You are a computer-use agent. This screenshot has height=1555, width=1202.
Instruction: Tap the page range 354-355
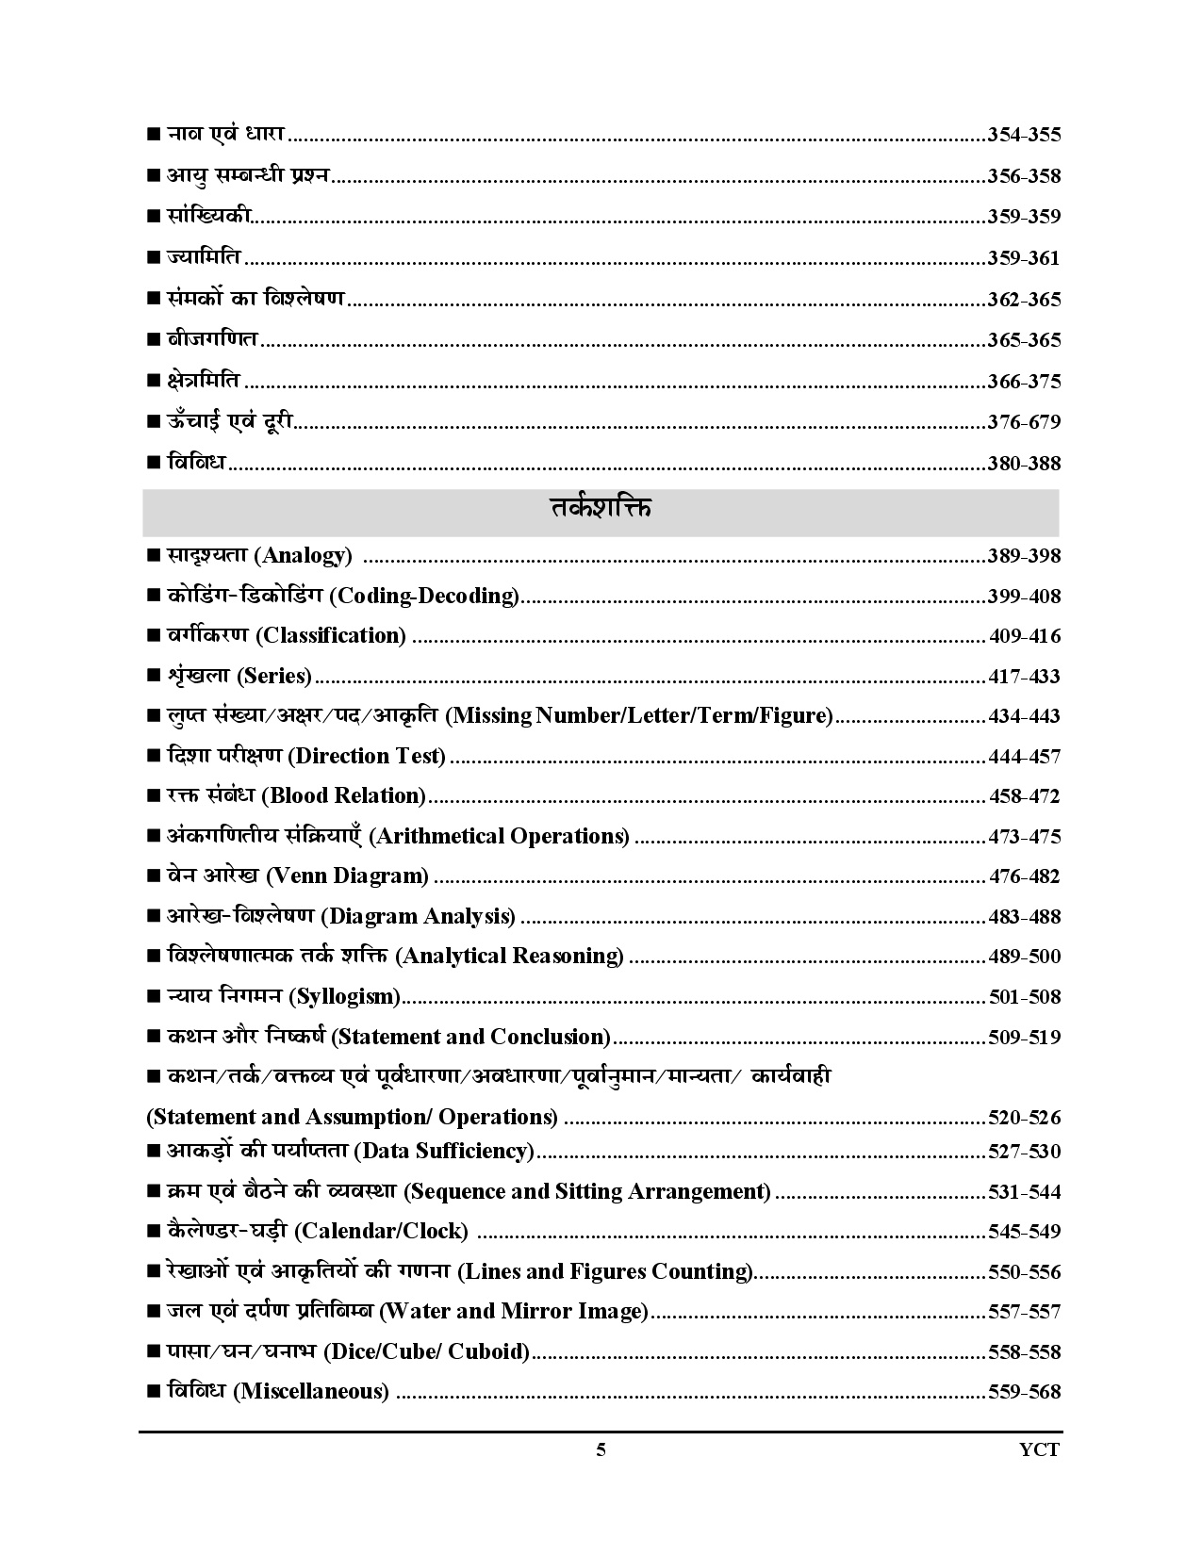(1024, 135)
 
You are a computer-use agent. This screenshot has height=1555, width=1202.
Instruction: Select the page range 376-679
(1024, 422)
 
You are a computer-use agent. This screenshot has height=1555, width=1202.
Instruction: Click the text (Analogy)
(303, 556)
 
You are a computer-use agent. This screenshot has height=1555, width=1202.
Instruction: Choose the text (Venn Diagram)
(348, 876)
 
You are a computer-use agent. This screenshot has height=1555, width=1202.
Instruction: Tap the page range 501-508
(1025, 997)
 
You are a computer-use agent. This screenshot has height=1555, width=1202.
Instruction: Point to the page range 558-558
(1024, 1352)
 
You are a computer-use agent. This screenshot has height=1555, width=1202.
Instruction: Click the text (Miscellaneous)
(310, 1392)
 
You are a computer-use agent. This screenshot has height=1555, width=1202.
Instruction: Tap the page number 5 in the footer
(601, 1450)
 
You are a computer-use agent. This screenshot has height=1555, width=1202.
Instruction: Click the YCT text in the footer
(1040, 1450)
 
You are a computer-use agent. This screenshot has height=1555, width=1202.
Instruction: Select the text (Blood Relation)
(345, 796)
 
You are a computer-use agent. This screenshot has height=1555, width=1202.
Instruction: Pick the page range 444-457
(1024, 757)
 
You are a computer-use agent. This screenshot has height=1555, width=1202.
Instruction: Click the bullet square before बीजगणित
(154, 340)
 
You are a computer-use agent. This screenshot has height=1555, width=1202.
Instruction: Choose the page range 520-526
(1024, 1119)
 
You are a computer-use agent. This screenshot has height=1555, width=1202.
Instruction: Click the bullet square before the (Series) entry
(154, 677)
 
